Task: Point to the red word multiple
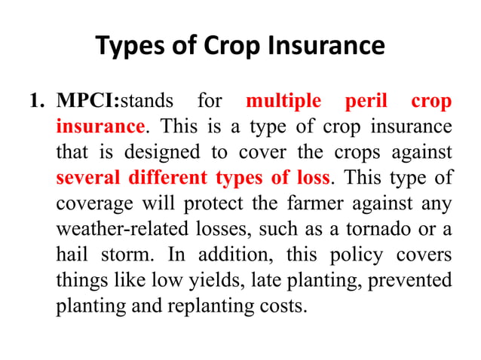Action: pos(283,101)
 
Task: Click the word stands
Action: pos(147,101)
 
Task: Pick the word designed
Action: pos(170,152)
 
